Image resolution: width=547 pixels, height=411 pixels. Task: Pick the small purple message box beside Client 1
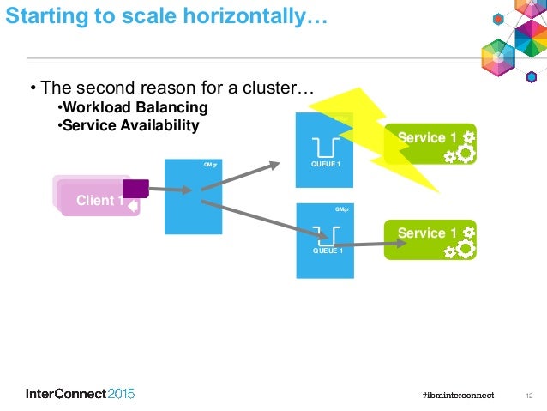pos(136,188)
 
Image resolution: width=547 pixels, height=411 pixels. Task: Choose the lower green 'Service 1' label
pos(421,233)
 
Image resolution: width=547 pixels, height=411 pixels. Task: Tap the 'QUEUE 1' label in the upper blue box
pos(325,163)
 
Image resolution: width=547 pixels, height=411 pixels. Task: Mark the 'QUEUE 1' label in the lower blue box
pos(327,251)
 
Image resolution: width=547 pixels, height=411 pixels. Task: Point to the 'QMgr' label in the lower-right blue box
pos(340,209)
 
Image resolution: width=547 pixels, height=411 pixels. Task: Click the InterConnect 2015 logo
pos(81,394)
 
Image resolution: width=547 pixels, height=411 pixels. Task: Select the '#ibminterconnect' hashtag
pos(459,395)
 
